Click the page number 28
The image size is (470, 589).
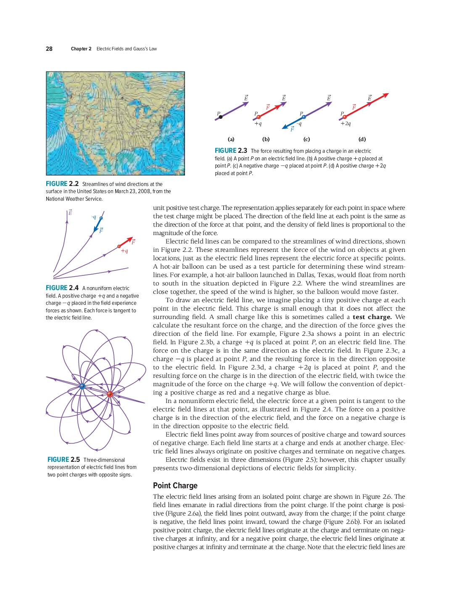(49, 49)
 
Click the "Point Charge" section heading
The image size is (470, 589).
(175, 485)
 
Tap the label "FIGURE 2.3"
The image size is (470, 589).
(231, 151)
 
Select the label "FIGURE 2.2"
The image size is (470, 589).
(62, 184)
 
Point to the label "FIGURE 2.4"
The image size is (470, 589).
(62, 288)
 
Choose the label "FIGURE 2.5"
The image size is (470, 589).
(63, 460)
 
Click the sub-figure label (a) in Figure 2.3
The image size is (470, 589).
(231, 139)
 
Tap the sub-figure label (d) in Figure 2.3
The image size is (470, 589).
(362, 139)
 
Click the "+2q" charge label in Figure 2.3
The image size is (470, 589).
(346, 124)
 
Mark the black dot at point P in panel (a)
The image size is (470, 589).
(221, 117)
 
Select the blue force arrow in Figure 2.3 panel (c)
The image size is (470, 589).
(292, 123)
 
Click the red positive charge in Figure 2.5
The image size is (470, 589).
(110, 394)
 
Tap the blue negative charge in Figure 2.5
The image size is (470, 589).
(82, 386)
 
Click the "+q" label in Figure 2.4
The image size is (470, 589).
(124, 251)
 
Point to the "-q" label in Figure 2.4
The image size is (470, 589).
(94, 217)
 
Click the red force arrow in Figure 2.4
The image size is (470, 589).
(126, 242)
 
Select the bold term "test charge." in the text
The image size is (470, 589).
(372, 317)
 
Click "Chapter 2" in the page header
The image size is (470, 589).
(81, 49)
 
